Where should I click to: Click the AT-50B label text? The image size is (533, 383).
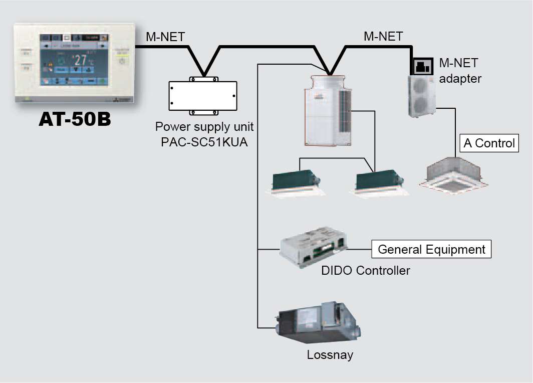point(75,120)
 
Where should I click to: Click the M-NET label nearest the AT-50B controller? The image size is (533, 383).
point(165,37)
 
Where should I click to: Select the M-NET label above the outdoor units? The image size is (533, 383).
point(383,37)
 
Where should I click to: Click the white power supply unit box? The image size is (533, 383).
point(203,95)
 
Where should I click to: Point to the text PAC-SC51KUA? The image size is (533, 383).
point(204,141)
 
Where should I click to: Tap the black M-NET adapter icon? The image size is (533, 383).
point(423,65)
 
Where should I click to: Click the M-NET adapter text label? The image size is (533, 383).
point(460,71)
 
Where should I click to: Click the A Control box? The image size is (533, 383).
point(489,143)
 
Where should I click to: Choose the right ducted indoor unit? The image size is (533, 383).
point(376,183)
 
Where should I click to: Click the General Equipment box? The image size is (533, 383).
point(431,249)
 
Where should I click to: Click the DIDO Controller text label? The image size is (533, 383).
point(366,271)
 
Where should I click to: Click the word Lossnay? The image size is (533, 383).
point(330,355)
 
